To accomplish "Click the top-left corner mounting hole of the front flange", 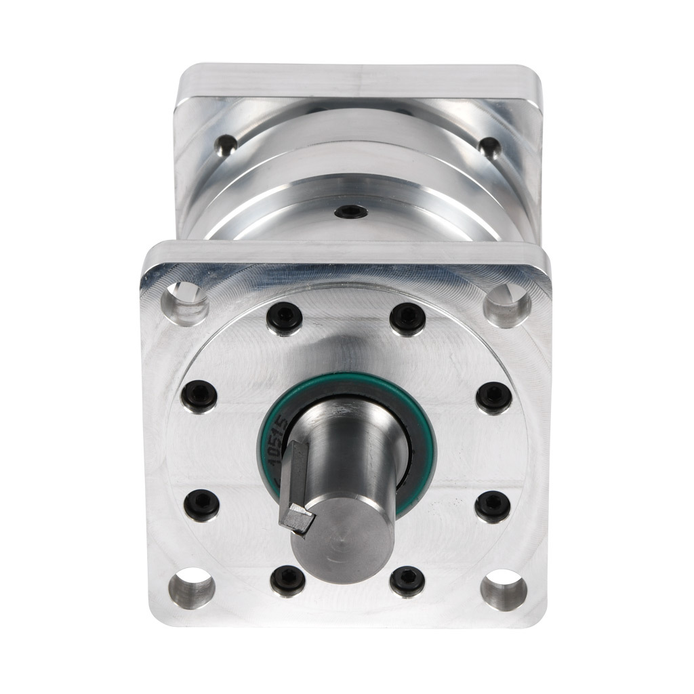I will (186, 301).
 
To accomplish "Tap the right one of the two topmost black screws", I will (407, 317).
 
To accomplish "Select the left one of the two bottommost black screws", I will (287, 580).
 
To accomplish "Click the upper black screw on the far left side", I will (200, 396).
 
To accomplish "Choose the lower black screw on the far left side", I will (201, 504).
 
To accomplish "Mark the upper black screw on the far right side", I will (492, 397).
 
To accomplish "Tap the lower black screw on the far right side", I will (492, 506).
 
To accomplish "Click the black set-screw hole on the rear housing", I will (352, 211).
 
